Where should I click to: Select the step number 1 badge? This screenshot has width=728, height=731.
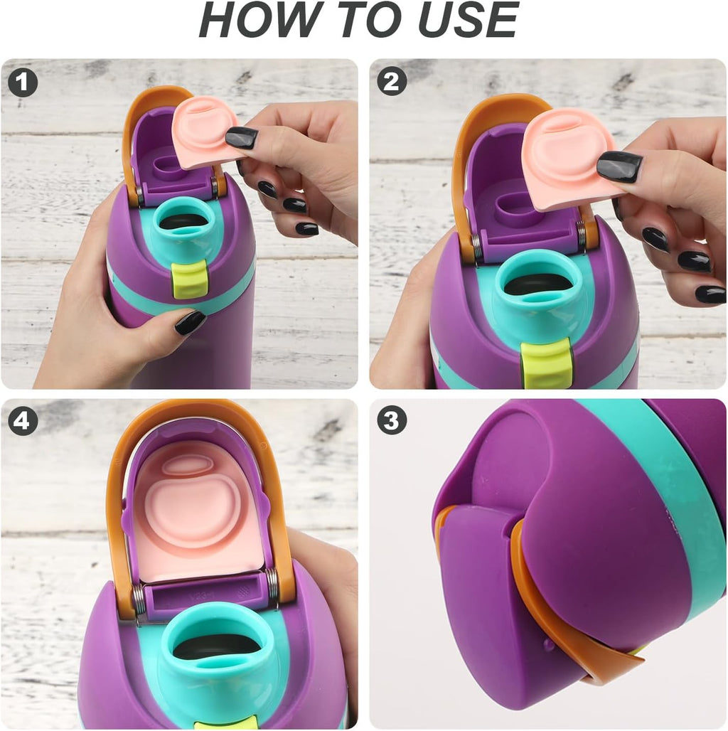(23, 82)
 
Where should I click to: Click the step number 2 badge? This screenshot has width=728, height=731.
(392, 82)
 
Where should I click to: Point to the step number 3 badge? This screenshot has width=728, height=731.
(392, 420)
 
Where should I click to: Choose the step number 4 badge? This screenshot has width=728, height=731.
(23, 421)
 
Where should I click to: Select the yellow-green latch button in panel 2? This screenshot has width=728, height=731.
(546, 365)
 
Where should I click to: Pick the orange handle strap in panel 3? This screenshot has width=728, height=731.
(560, 620)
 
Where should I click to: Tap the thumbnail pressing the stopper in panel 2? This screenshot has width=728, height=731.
(619, 166)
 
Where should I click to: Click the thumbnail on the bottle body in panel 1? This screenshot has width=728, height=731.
(190, 322)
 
